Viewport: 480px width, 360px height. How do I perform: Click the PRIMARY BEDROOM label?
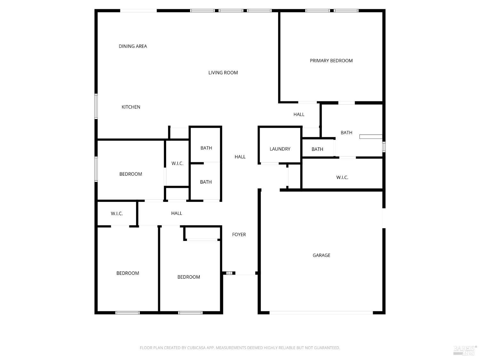pyautogui.click(x=331, y=61)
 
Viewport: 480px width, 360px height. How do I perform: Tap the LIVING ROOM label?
pyautogui.click(x=223, y=73)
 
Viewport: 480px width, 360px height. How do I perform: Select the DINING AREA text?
pyautogui.click(x=133, y=46)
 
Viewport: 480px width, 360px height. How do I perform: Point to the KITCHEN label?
pyautogui.click(x=131, y=107)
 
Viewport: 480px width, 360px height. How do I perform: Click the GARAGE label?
pyautogui.click(x=321, y=255)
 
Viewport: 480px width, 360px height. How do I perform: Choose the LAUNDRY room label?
pyautogui.click(x=280, y=149)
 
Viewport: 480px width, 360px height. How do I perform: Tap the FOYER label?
pyautogui.click(x=239, y=235)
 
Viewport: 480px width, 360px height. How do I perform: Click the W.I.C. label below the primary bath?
pyautogui.click(x=342, y=178)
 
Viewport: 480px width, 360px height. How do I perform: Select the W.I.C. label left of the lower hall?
pyautogui.click(x=117, y=214)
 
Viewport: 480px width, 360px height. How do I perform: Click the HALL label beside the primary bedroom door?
pyautogui.click(x=299, y=115)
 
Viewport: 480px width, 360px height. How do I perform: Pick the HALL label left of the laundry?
pyautogui.click(x=240, y=157)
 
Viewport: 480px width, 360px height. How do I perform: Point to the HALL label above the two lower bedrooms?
pyautogui.click(x=176, y=213)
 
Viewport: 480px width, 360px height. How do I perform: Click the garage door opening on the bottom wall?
pyautogui.click(x=321, y=313)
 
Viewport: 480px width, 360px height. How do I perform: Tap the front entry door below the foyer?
pyautogui.click(x=245, y=273)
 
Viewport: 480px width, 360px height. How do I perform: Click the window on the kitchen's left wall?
pyautogui.click(x=96, y=106)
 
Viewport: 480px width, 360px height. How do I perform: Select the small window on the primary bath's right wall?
pyautogui.click(x=384, y=147)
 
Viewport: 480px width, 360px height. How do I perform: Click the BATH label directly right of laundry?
pyautogui.click(x=317, y=149)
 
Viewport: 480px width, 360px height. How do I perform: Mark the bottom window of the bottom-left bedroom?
pyautogui.click(x=127, y=313)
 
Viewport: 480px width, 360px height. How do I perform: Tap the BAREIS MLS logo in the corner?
pyautogui.click(x=465, y=350)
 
